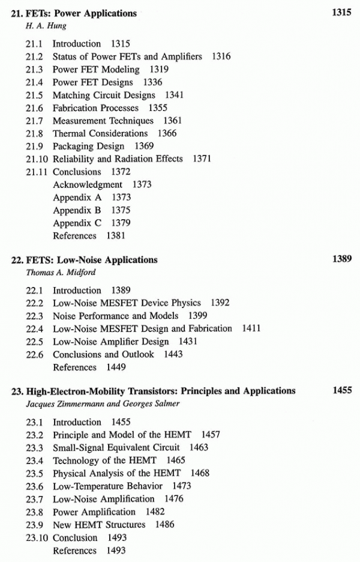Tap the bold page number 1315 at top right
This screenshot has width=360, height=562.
(x=341, y=13)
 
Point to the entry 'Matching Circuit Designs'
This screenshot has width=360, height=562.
(x=104, y=95)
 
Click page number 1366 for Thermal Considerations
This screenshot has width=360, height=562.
(x=167, y=133)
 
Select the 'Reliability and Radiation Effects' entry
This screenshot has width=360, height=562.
(x=120, y=159)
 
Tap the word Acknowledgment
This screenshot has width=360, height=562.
(x=88, y=185)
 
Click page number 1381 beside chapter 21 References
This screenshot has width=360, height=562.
(x=116, y=236)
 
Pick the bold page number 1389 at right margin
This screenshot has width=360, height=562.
(x=341, y=260)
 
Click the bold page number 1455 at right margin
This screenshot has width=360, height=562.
(x=341, y=391)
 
